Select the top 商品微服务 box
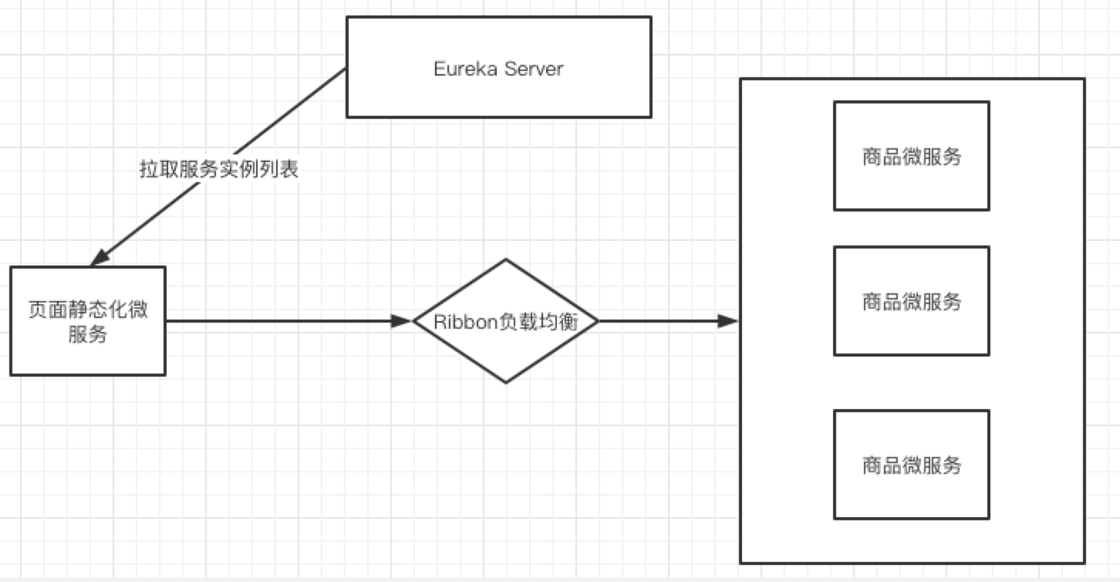pyautogui.click(x=911, y=156)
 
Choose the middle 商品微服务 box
pyautogui.click(x=911, y=301)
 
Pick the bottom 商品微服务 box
pyautogui.click(x=911, y=465)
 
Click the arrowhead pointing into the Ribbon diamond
pyautogui.click(x=403, y=321)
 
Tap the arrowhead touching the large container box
pyautogui.click(x=728, y=321)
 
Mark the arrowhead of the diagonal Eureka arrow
pyautogui.click(x=100, y=257)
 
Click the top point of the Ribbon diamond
pyautogui.click(x=506, y=260)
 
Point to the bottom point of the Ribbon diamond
pyautogui.click(x=506, y=382)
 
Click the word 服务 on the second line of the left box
pyautogui.click(x=88, y=334)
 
